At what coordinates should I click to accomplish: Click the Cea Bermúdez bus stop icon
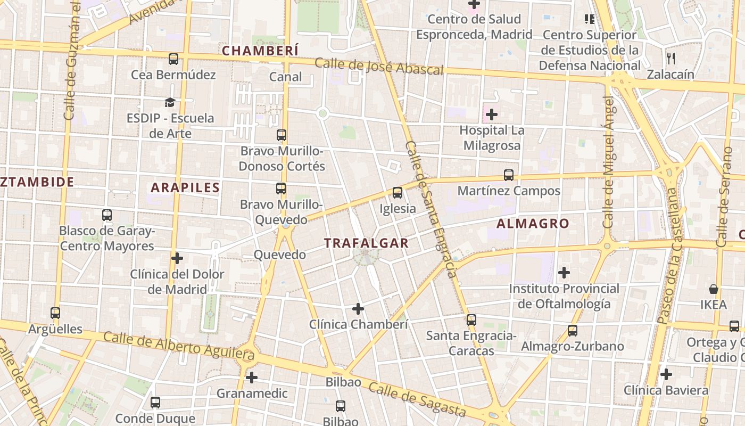tap(173, 59)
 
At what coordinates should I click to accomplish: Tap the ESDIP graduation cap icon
tap(170, 102)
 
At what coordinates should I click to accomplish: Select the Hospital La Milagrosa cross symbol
tap(492, 114)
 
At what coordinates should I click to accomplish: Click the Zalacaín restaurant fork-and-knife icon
tap(670, 58)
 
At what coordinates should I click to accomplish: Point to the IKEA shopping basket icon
tap(713, 289)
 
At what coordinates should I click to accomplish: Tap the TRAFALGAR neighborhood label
tap(366, 243)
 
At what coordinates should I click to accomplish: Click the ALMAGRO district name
tap(533, 224)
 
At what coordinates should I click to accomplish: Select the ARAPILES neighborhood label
tap(185, 187)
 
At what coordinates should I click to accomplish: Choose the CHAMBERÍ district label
tap(260, 51)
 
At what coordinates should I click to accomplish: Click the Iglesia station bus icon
tap(398, 193)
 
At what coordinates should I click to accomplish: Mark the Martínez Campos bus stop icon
tap(509, 175)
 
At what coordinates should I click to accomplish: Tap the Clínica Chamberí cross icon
tap(358, 308)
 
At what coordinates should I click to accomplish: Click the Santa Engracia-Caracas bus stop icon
tap(471, 319)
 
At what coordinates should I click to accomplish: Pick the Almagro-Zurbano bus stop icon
tap(573, 331)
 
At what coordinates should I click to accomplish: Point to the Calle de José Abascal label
tap(379, 67)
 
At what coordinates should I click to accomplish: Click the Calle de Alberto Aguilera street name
tap(179, 346)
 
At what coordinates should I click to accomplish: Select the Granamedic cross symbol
tap(252, 378)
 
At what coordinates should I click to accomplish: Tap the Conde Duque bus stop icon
tap(155, 403)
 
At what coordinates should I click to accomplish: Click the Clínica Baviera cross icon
tap(666, 374)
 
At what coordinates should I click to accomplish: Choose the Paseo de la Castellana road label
tap(667, 256)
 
